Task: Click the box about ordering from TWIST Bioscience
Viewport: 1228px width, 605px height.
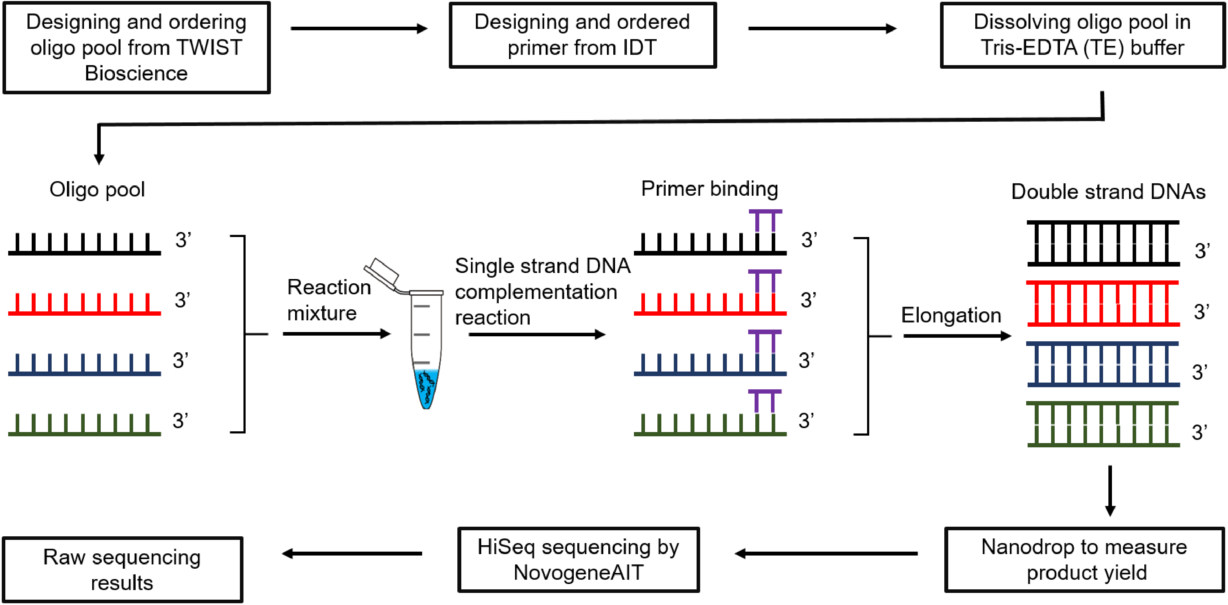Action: coord(136,48)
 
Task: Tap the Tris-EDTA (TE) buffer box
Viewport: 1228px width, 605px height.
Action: coord(1082,35)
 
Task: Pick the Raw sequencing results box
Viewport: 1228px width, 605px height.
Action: coord(122,570)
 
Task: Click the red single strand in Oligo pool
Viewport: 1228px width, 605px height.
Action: coord(84,305)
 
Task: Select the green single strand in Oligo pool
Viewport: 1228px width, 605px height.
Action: coord(84,425)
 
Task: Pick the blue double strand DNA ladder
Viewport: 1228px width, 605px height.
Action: coord(1103,364)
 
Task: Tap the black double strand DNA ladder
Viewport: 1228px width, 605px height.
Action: coord(1103,243)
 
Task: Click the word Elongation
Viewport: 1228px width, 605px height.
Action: coord(951,315)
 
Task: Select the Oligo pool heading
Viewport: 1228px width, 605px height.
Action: coord(97,189)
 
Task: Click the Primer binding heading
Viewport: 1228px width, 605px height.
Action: coord(709,189)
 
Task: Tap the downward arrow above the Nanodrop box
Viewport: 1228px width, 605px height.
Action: coord(1110,491)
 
